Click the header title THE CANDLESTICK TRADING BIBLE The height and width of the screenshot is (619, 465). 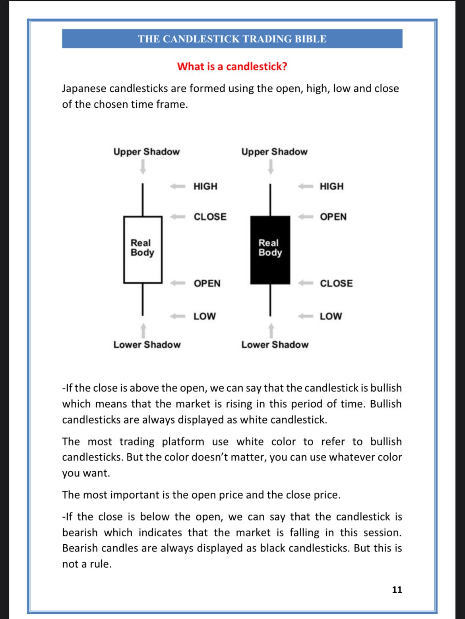pos(232,39)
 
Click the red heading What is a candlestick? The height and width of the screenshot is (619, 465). pos(232,66)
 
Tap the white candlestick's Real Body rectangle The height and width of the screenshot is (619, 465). pos(143,249)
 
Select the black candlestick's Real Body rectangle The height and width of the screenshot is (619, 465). pos(270,249)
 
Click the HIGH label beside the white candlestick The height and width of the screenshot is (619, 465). pos(205,186)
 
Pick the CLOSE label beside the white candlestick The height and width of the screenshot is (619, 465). pos(210,217)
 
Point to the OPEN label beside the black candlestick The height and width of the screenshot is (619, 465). pos(333,217)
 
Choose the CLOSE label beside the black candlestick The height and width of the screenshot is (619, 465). pos(336,283)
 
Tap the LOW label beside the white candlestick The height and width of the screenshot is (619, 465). pos(205,316)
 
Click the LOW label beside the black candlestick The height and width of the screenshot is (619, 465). pos(331,316)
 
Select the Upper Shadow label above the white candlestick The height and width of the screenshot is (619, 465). pos(146,152)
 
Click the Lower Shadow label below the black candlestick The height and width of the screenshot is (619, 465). pos(275,344)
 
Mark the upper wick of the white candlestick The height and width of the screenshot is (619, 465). pos(143,199)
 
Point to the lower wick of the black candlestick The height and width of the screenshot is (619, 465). pos(270,300)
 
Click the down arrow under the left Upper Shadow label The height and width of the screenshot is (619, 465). pos(143,167)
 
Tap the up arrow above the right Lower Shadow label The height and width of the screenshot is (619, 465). pos(271,330)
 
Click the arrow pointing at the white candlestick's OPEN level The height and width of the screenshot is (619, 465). pos(178,283)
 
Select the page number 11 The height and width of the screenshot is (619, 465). pos(397,590)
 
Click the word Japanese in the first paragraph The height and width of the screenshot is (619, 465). pos(84,89)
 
